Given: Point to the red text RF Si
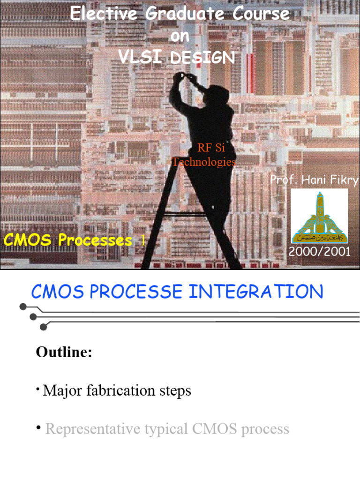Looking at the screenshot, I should [211, 148].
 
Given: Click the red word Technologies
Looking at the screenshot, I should [204, 162].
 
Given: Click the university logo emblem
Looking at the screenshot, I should [320, 216].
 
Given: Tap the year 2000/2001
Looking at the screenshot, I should [320, 251].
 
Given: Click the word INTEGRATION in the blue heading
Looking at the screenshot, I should [256, 292].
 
